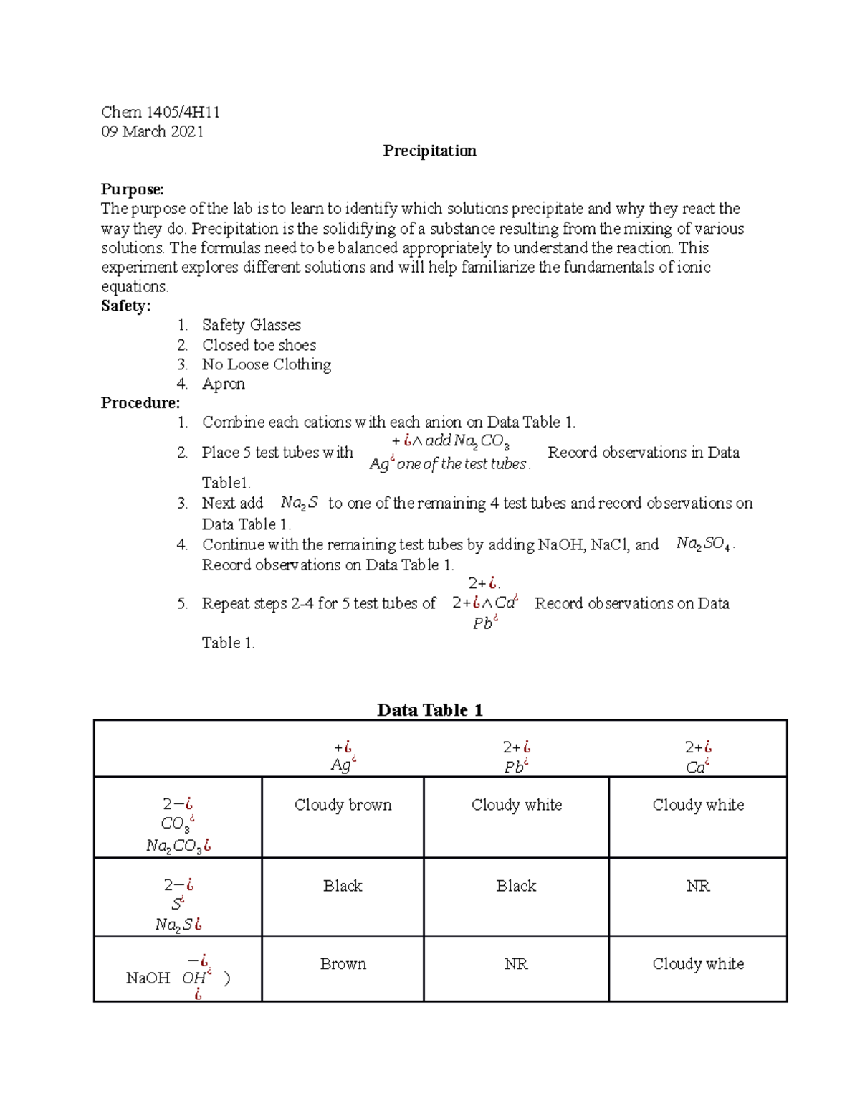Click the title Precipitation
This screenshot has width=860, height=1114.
pos(429,151)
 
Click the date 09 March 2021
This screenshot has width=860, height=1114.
pos(152,131)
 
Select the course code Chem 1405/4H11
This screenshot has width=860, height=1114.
pos(161,112)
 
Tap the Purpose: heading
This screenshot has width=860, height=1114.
pos(132,189)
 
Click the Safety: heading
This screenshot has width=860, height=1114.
pos(125,306)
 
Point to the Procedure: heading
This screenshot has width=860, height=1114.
pos(140,402)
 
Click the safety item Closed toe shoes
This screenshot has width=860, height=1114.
pos(259,345)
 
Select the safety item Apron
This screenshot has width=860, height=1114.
pos(223,384)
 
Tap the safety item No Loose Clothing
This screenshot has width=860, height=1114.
pos(266,364)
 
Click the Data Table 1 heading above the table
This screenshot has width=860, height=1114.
pos(429,710)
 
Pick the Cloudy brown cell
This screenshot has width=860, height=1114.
pos(343,805)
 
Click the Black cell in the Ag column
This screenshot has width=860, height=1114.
pos(343,886)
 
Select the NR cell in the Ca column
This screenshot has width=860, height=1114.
pos(697,886)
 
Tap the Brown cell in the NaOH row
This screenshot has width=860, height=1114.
pos(343,964)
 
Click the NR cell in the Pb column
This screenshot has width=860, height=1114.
pos(516,964)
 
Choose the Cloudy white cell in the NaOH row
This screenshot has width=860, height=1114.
pos(697,964)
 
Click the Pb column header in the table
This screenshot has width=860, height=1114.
pos(516,758)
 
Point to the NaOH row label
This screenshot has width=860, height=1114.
pos(148,978)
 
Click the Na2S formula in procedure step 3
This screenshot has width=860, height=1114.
pos(299,504)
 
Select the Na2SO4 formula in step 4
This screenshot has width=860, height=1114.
pos(704,544)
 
